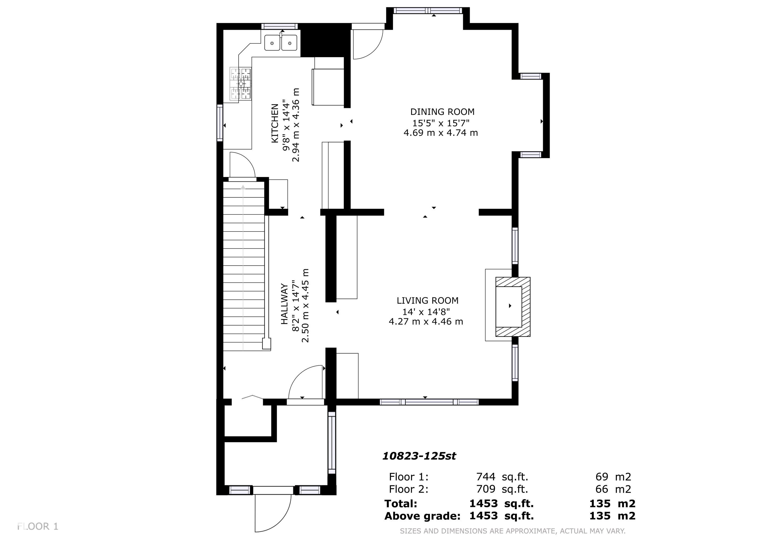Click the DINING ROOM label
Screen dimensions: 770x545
click(x=442, y=112)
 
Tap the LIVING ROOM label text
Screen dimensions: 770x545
click(x=427, y=301)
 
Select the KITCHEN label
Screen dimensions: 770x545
click(x=275, y=123)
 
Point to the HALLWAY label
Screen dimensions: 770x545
click(x=284, y=304)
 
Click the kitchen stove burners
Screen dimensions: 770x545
click(x=240, y=84)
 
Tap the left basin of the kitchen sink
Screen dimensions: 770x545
click(x=272, y=43)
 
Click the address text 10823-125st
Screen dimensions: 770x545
click(x=419, y=456)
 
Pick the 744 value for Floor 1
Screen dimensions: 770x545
click(x=486, y=477)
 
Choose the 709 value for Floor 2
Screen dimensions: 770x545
click(x=486, y=489)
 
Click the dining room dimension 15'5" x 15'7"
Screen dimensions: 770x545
click(x=441, y=122)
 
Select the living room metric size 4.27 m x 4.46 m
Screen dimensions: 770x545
click(x=426, y=321)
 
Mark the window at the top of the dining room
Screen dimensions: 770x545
click(x=428, y=10)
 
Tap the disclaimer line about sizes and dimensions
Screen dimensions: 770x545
click(x=512, y=531)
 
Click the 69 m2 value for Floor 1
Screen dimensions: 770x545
click(x=613, y=477)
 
